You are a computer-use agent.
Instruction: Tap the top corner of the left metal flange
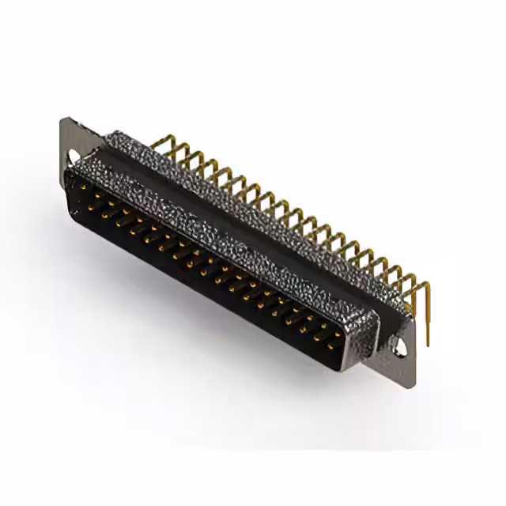point(63,119)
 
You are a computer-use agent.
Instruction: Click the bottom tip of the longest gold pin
point(428,346)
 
